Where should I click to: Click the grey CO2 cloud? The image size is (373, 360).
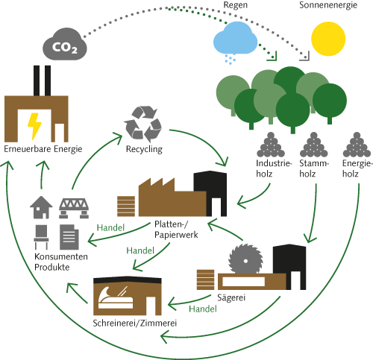(65, 44)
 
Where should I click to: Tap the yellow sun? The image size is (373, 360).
(328, 39)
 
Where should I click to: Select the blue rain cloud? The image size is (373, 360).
(235, 39)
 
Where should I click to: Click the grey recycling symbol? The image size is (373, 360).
(142, 124)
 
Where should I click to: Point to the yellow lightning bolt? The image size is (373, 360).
(34, 126)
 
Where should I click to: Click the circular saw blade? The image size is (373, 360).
(245, 259)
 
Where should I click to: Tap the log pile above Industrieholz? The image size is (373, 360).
(271, 145)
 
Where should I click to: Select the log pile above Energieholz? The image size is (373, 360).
(357, 145)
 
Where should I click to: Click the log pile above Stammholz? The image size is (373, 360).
(313, 145)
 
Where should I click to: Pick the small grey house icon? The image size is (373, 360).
(41, 207)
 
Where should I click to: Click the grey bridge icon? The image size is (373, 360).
(74, 208)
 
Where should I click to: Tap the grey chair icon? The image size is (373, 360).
(41, 237)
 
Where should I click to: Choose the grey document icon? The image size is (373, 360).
(69, 237)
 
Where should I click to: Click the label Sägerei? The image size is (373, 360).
(231, 297)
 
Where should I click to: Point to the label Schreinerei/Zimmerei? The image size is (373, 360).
(135, 323)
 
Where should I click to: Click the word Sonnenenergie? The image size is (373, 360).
(328, 5)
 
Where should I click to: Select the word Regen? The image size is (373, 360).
(236, 5)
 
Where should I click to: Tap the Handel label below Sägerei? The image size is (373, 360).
(203, 309)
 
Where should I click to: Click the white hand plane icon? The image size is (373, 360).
(116, 298)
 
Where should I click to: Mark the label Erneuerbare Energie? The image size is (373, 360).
(43, 149)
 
